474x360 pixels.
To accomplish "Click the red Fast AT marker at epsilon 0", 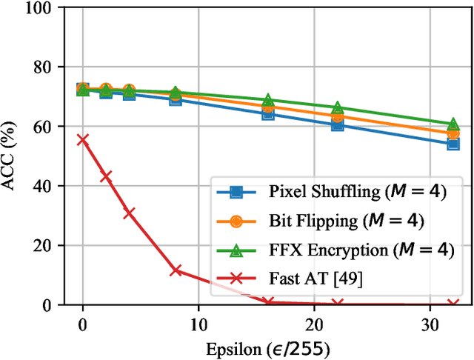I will pos(83,139).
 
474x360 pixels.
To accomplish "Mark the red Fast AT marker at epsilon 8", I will pos(176,270).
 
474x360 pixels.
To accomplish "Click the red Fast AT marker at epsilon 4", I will pos(129,213).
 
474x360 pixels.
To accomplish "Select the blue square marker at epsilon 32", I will pos(453,144).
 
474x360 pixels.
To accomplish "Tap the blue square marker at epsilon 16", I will pos(268,113).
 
